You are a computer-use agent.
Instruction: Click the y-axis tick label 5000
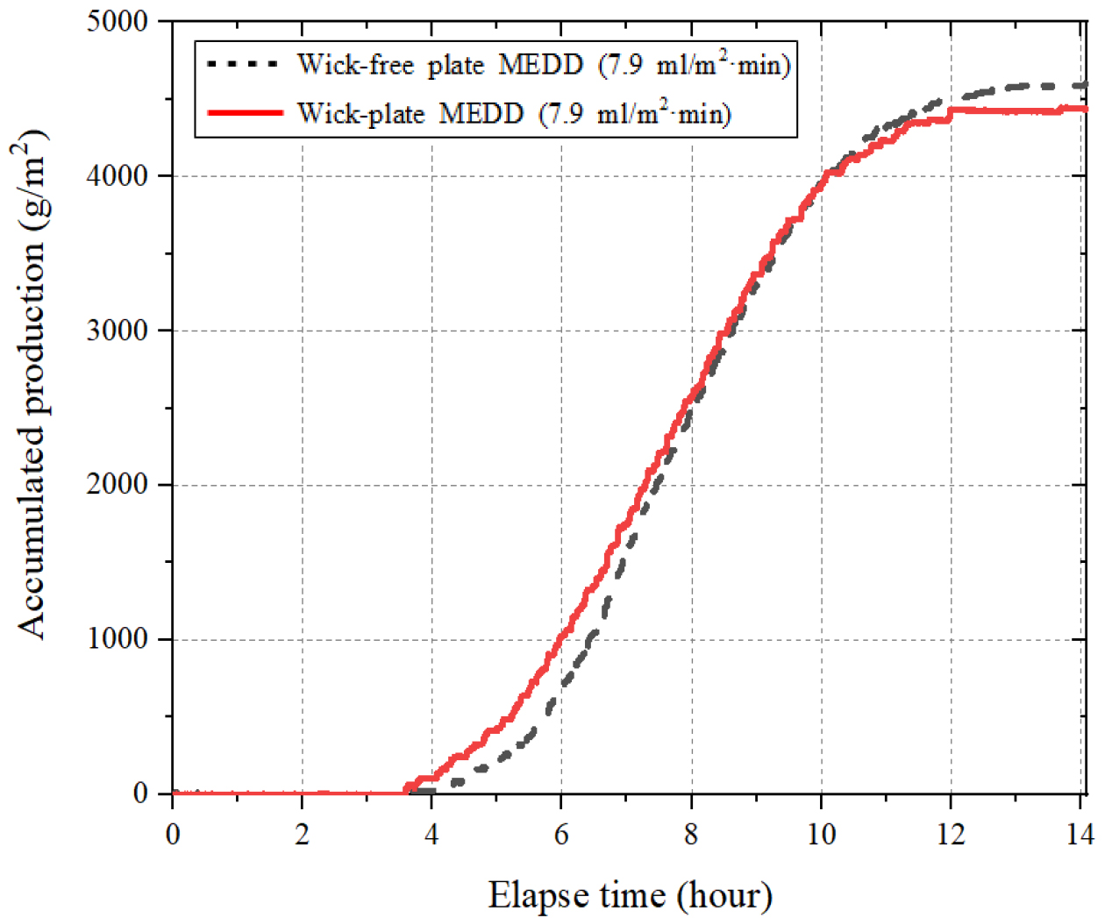click(118, 22)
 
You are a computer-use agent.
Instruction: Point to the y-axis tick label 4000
click(118, 176)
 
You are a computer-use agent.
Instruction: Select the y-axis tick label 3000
click(118, 331)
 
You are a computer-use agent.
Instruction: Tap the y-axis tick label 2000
click(118, 485)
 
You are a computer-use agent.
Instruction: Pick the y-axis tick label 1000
click(118, 639)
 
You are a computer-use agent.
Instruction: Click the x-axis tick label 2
click(302, 834)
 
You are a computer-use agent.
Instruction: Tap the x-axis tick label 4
click(431, 834)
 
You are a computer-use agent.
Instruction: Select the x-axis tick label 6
click(561, 834)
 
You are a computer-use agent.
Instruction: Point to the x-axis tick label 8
click(691, 834)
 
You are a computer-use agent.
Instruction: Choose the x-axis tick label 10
click(821, 834)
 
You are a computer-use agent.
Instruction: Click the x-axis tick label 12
click(951, 834)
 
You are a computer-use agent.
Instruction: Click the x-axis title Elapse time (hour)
click(630, 896)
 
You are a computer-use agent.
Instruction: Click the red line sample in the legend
click(245, 113)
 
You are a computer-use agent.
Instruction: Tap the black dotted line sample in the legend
click(245, 64)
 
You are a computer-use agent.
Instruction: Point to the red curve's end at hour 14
click(1086, 110)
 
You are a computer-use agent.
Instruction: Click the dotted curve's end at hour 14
click(1086, 85)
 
